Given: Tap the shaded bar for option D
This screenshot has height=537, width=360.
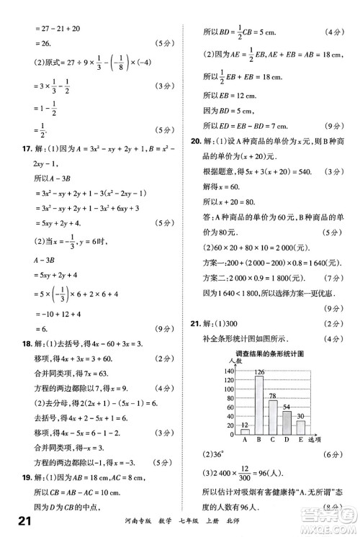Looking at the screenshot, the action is (287, 423).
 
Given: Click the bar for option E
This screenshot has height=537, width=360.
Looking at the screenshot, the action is (300, 428).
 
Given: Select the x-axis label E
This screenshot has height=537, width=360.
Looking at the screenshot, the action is (300, 440).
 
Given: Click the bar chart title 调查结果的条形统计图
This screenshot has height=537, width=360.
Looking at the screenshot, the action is (268, 353).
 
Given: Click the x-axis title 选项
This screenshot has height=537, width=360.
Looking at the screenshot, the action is (314, 440).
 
